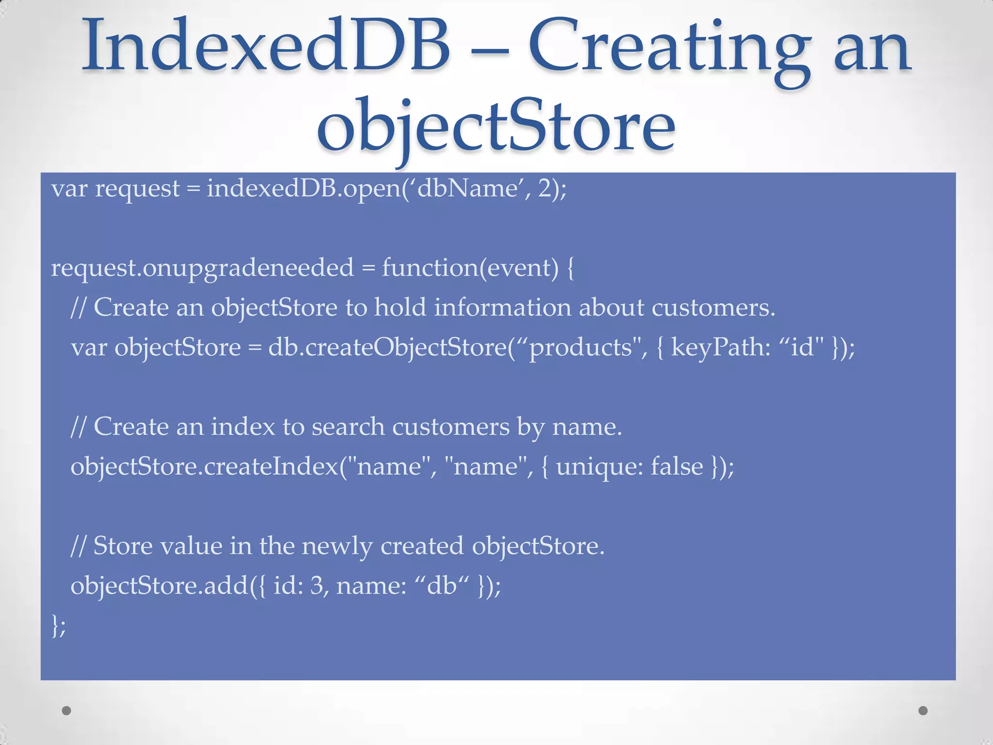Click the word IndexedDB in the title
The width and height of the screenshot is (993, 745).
266,46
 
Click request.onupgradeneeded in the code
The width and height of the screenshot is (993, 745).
202,268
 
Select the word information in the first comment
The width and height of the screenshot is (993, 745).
502,308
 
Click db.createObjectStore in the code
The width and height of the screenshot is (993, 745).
387,348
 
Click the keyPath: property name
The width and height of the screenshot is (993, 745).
721,348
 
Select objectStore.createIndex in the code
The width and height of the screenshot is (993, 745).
204,467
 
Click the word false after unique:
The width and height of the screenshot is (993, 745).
676,467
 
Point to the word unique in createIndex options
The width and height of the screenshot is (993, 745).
599,467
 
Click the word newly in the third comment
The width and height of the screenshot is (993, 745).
337,546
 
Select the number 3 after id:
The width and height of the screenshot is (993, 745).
317,586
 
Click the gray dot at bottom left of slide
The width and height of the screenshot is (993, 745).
67,711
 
